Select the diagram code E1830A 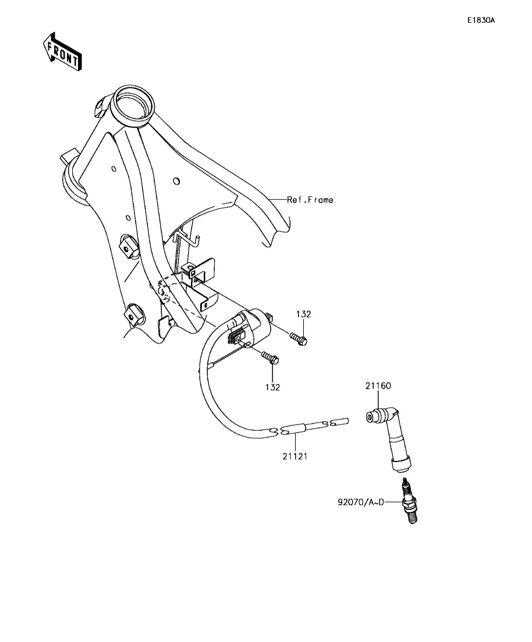point(480,20)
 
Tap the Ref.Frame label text point(310,200)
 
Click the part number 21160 point(378,385)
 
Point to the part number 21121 point(295,456)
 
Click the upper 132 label point(303,314)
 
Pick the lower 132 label point(272,387)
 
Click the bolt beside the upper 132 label point(298,338)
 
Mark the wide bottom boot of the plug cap point(401,464)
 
